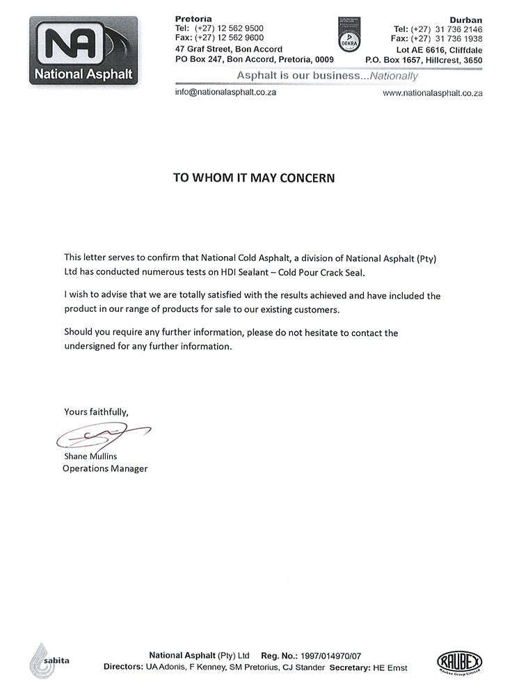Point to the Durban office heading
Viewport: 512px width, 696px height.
click(x=468, y=19)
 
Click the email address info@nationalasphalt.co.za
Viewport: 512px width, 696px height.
click(x=225, y=92)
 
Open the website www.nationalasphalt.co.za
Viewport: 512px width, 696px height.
click(x=433, y=93)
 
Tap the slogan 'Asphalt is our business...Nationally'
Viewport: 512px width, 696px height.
click(x=327, y=76)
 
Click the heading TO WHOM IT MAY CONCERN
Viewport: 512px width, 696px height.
click(x=254, y=178)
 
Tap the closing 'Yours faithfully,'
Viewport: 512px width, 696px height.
click(x=96, y=411)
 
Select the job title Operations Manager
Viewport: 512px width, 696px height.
click(x=105, y=468)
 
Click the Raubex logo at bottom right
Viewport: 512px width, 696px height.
click(x=459, y=661)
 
